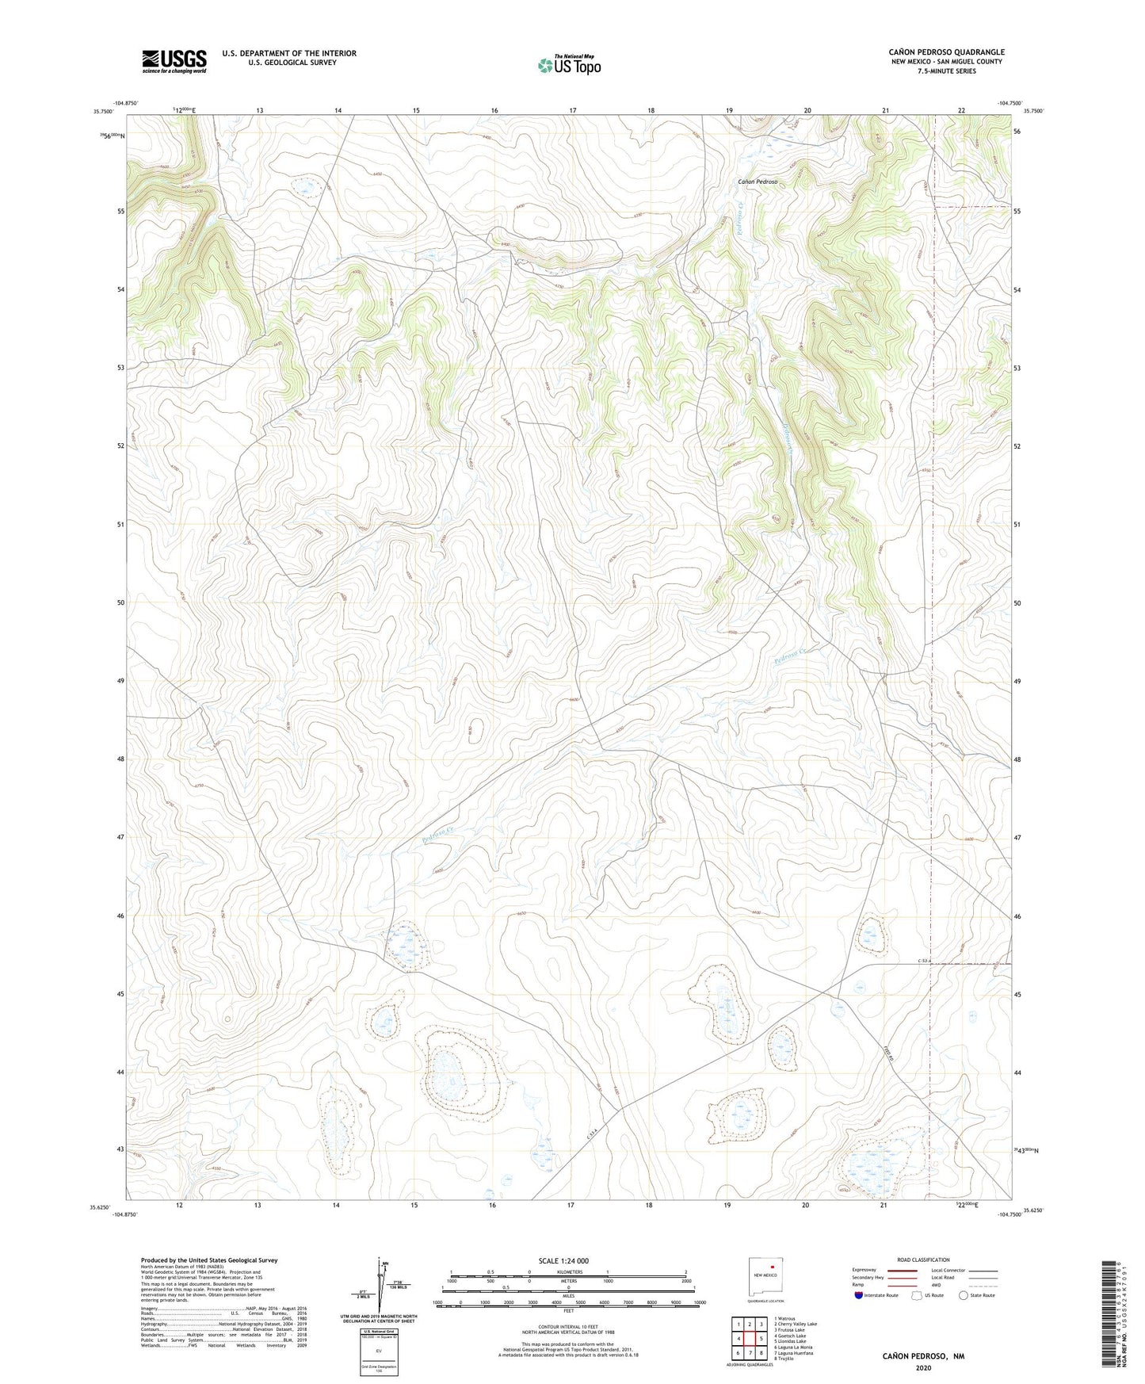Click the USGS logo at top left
[174, 61]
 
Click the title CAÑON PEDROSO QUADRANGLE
[946, 52]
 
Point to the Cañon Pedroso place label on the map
[757, 182]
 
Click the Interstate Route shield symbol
[859, 1295]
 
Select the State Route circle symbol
[963, 1295]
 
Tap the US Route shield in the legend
[918, 1295]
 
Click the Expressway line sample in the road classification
[903, 1270]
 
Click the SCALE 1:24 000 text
[563, 1260]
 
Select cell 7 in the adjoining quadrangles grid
[749, 1353]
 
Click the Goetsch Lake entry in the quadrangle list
[790, 1336]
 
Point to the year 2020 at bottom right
[923, 1367]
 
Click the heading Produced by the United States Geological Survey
[209, 1260]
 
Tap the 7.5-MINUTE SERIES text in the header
[946, 71]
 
